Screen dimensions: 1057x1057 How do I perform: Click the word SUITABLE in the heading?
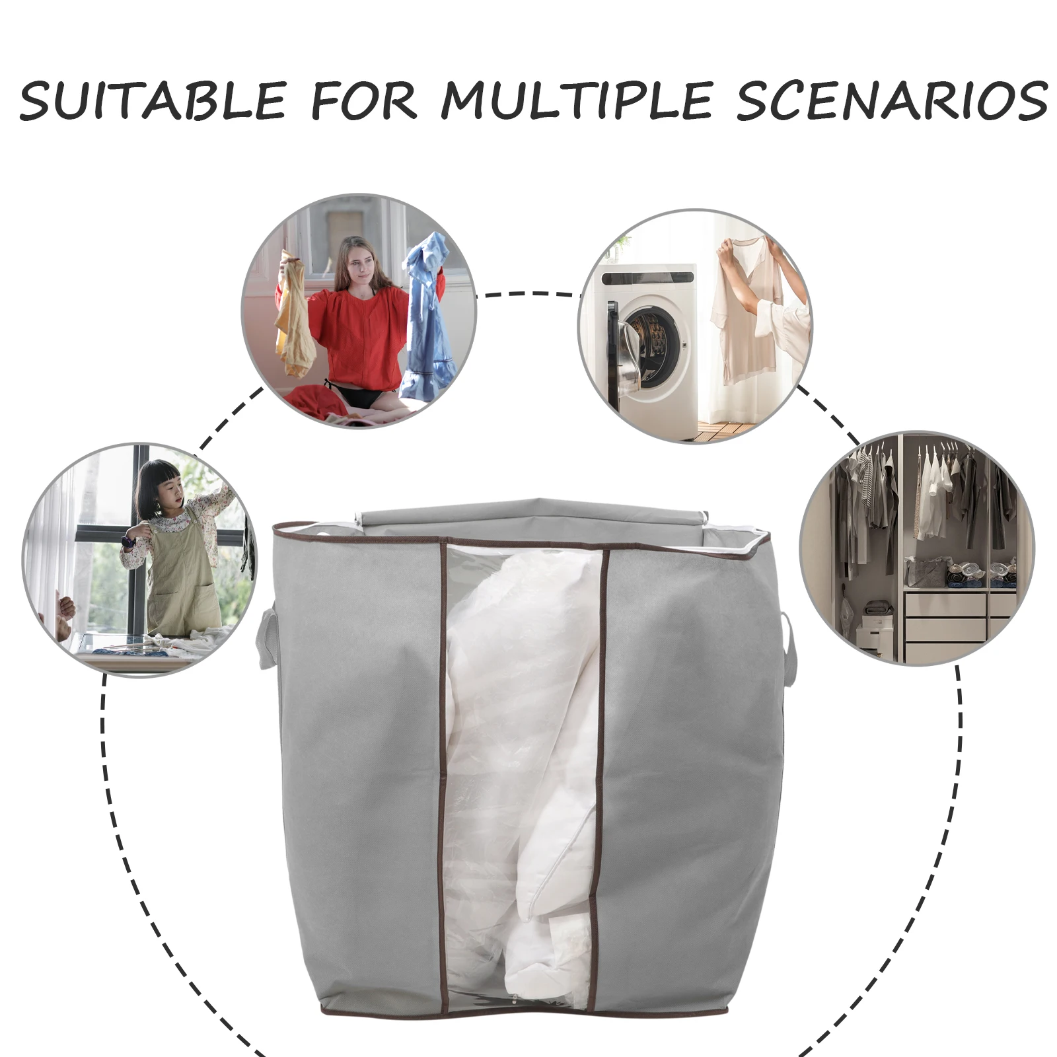[153, 101]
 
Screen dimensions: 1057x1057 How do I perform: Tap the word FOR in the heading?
[363, 101]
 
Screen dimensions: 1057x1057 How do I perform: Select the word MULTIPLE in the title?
[576, 101]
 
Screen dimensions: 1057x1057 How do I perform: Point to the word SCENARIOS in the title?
[892, 101]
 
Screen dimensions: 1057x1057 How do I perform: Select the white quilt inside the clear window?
[522, 760]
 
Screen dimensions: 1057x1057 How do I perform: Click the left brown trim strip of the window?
[443, 760]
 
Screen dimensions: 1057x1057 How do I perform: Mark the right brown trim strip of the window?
[601, 760]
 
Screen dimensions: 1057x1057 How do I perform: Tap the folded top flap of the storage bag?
[528, 516]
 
